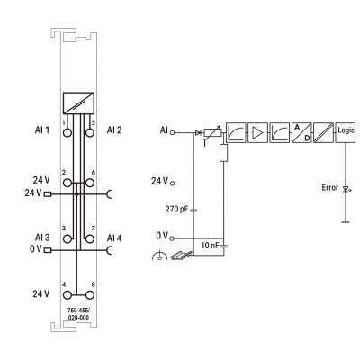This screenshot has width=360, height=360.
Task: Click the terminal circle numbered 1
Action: (67, 132)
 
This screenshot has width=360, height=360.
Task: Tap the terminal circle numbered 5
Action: (89, 132)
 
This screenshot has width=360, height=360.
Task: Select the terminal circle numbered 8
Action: (89, 295)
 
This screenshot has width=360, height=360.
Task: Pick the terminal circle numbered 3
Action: (67, 238)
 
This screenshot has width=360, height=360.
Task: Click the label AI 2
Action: (114, 130)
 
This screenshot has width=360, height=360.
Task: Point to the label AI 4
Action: (114, 238)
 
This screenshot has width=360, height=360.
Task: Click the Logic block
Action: (346, 132)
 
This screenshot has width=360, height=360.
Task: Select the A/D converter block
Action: (301, 132)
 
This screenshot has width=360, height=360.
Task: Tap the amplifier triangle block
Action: (257, 132)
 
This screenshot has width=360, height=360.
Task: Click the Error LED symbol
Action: (346, 190)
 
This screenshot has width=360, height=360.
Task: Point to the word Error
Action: (330, 188)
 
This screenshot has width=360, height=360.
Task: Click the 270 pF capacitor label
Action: (176, 209)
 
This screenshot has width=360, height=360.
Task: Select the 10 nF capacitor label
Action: (210, 246)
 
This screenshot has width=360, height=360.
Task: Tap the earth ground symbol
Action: (159, 256)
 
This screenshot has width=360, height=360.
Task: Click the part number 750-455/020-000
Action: (78, 314)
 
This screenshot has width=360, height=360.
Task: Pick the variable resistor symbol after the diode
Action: (212, 133)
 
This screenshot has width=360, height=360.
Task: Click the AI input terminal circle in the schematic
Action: (172, 132)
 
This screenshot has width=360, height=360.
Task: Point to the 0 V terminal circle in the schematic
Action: (172, 238)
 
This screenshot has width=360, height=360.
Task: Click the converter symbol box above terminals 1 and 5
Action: (78, 103)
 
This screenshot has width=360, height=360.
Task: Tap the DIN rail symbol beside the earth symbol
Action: (182, 255)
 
